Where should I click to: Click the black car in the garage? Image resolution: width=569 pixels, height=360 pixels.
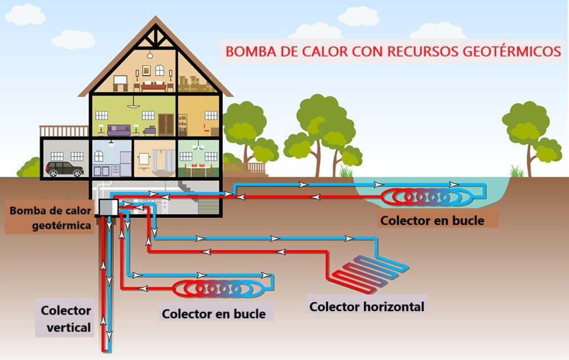click(64, 169)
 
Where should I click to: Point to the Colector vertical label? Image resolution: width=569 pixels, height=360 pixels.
click(66, 319)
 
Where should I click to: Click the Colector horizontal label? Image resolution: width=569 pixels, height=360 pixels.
click(367, 306)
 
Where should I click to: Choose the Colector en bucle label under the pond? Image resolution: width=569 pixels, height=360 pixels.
click(432, 221)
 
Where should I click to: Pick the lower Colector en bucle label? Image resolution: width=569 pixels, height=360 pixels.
click(213, 314)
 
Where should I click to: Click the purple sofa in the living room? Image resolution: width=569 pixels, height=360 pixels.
click(119, 131)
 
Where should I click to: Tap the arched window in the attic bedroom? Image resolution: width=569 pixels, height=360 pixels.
click(159, 71)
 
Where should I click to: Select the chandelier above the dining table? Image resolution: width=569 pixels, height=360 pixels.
click(198, 147)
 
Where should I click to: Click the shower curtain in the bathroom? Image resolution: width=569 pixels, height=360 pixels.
click(164, 161)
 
